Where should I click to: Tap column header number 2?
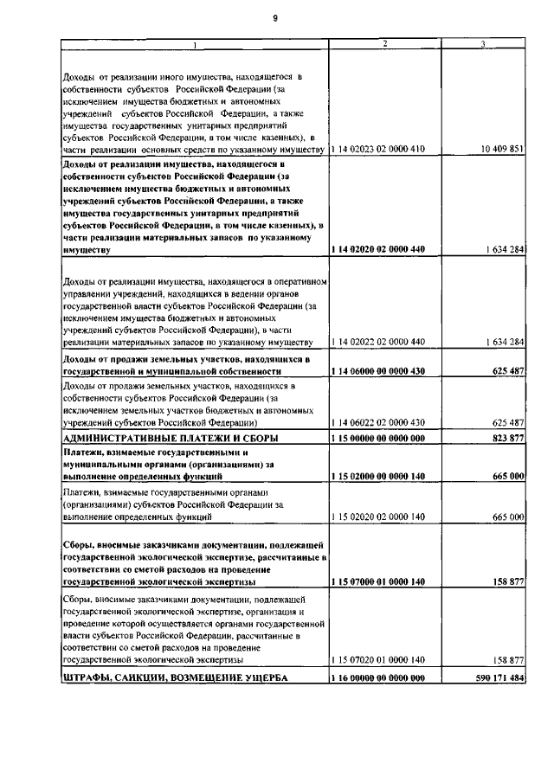coord(384,44)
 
